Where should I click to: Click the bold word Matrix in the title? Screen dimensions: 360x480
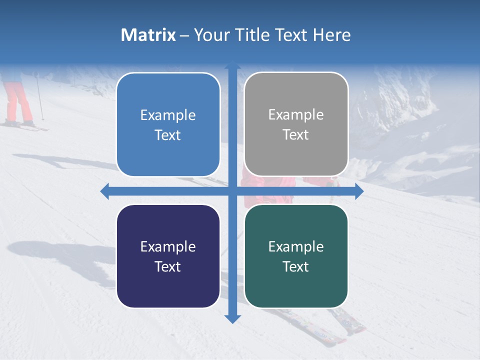[x=148, y=35]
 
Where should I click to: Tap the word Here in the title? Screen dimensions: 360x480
[x=331, y=35]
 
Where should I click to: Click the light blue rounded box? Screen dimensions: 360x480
[x=168, y=124]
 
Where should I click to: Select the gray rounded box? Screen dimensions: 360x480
[x=296, y=124]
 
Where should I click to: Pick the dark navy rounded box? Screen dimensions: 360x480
[x=168, y=256]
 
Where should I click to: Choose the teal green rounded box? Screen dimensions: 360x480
[x=296, y=256]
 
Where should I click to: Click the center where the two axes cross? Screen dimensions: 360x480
[x=232, y=191]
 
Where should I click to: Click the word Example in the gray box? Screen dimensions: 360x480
[x=296, y=115]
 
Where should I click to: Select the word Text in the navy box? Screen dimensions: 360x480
[x=168, y=266]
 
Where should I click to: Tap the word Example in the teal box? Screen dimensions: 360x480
[x=296, y=246]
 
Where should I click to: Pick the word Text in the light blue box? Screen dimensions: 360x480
[x=168, y=135]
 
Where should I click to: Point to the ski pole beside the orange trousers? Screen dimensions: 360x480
[x=39, y=97]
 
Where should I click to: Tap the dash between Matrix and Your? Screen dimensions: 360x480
[x=184, y=35]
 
